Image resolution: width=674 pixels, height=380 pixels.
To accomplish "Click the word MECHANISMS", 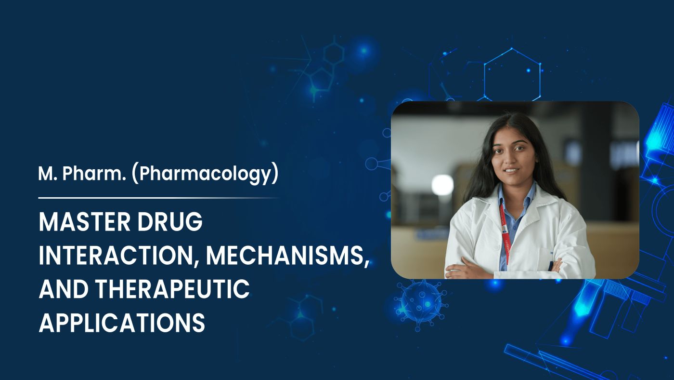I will click(287, 256).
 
